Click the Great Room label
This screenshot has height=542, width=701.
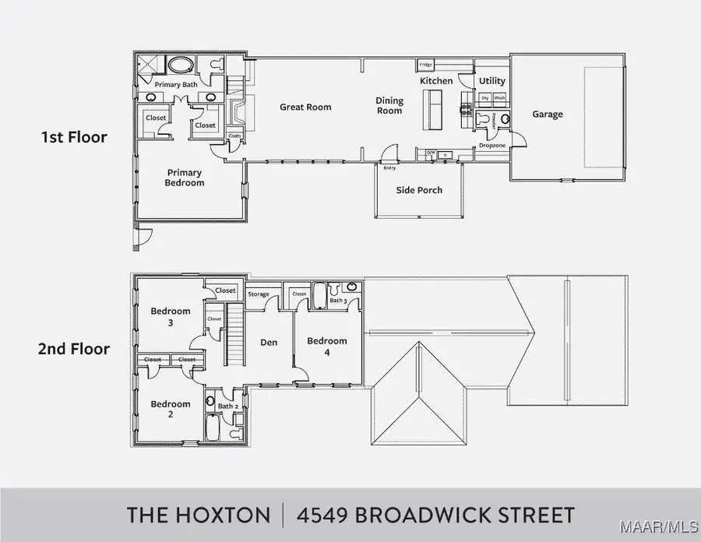click(305, 107)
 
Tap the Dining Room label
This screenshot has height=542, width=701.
click(389, 106)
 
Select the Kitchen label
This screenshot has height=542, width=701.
click(436, 81)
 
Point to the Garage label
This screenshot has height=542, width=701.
click(548, 114)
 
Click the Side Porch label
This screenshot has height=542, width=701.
click(419, 190)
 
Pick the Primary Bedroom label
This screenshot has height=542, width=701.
click(184, 178)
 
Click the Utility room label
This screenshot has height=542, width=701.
click(491, 81)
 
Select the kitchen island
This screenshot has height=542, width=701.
click(432, 110)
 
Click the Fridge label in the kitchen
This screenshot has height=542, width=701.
click(426, 65)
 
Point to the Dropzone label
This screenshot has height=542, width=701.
click(491, 145)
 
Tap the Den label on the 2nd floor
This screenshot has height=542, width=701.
click(269, 342)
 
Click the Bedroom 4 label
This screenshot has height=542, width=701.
click(326, 346)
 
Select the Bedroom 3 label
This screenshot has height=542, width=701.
click(170, 317)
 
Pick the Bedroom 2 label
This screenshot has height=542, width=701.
click(170, 409)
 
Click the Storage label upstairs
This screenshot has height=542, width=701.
click(259, 294)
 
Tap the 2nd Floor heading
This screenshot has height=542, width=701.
click(73, 349)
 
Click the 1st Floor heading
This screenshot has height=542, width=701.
click(74, 138)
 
